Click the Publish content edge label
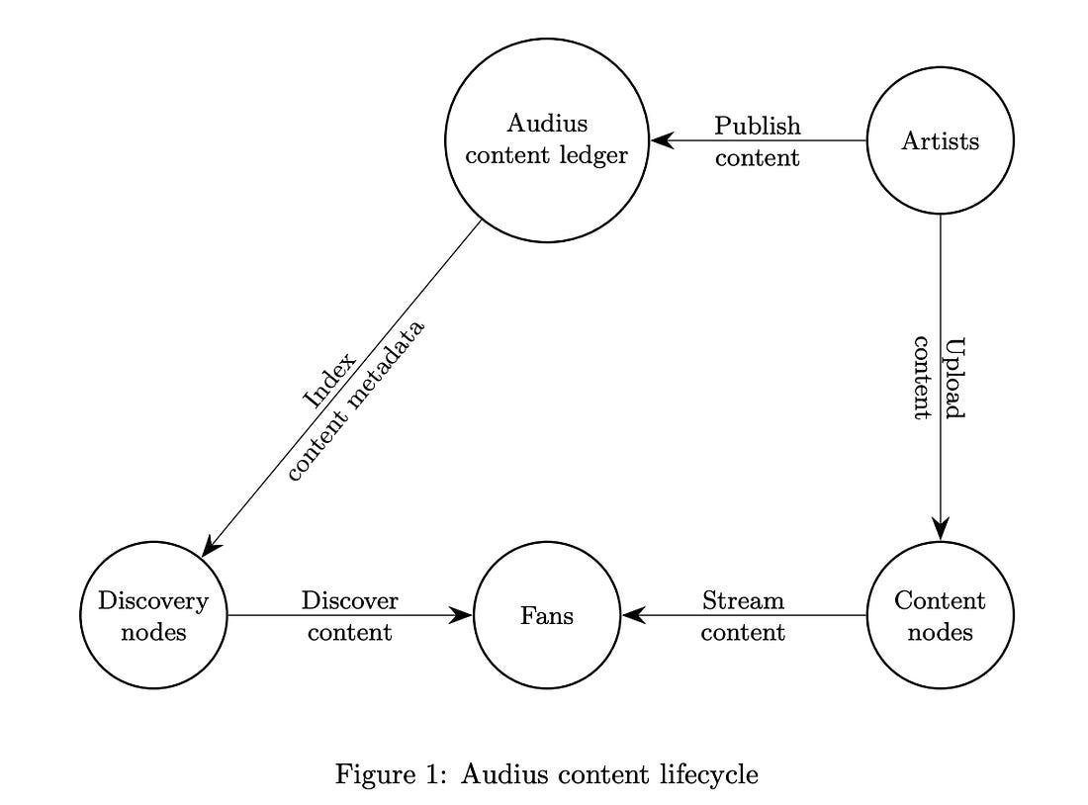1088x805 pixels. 757,141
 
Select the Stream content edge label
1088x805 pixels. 743,616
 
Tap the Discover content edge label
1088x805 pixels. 350,616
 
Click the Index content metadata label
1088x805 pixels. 355,401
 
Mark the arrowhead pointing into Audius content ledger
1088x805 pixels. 662,140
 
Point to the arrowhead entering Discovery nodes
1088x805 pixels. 211,545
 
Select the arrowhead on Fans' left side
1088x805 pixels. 462,615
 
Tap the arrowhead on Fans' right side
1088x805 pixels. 633,615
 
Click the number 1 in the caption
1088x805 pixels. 430,773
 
